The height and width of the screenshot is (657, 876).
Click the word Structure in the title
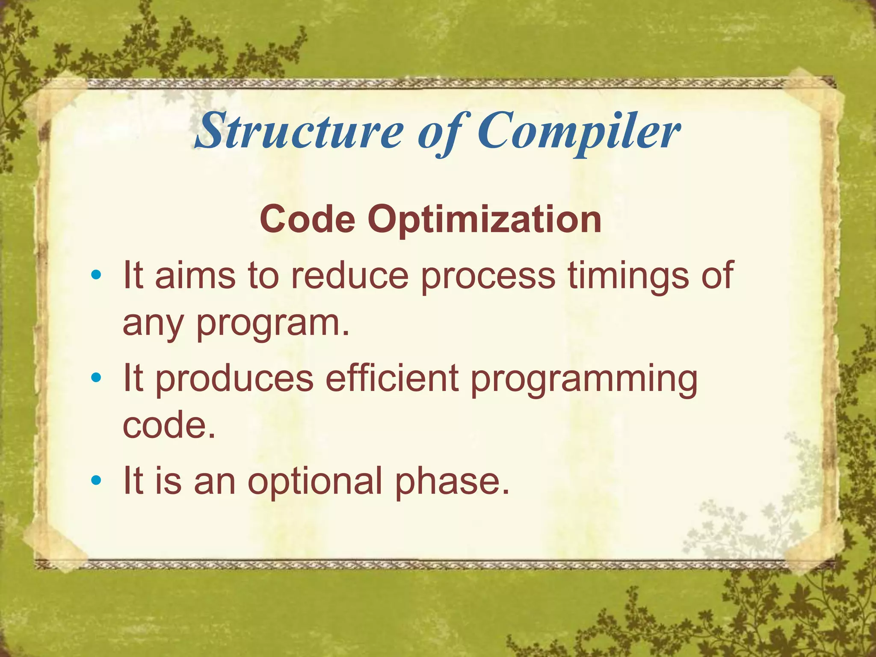pyautogui.click(x=299, y=130)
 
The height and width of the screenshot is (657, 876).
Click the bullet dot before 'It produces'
pyautogui.click(x=96, y=377)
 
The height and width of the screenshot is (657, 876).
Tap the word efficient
pyautogui.click(x=392, y=377)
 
